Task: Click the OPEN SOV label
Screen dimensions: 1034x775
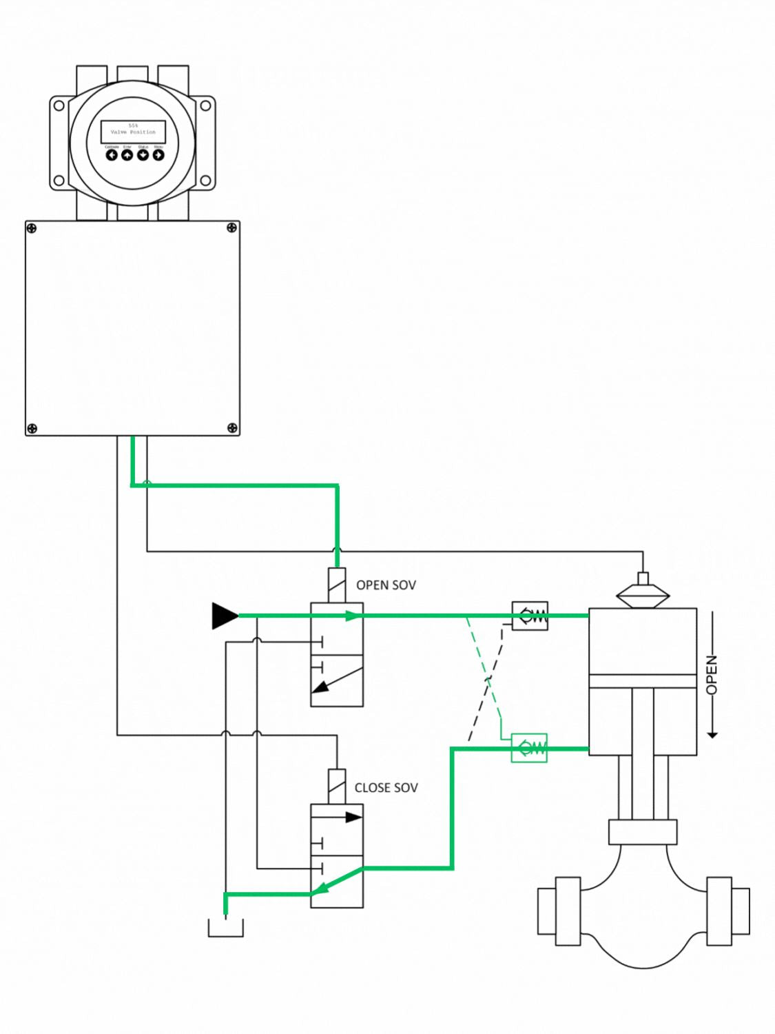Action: (386, 585)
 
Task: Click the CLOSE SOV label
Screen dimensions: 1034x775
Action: (386, 788)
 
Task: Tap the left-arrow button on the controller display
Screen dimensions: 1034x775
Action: (112, 155)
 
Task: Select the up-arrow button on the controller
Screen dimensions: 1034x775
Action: (127, 155)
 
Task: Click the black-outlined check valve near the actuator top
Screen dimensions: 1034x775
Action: (530, 616)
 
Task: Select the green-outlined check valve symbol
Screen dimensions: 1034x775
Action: (529, 748)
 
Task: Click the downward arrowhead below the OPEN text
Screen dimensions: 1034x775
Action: (712, 735)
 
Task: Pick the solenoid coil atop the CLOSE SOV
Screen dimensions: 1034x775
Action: (337, 787)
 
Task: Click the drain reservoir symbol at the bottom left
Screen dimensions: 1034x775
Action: (226, 929)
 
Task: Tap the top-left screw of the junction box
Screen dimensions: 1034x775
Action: (32, 229)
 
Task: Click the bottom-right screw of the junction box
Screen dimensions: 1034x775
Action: (232, 429)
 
